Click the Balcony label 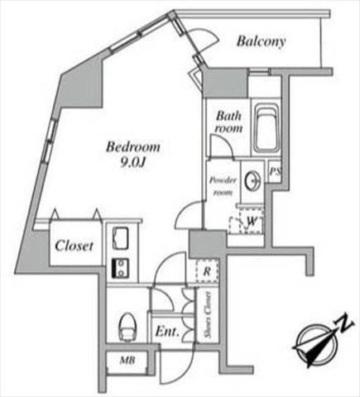[261, 41]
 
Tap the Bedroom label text [133, 146]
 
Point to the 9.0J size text [133, 163]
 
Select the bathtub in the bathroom [266, 128]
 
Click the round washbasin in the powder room [253, 180]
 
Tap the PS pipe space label [275, 172]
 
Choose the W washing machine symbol [251, 221]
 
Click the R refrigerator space [207, 271]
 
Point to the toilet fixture [127, 328]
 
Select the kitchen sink [121, 237]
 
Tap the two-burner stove [121, 267]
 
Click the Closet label [74, 246]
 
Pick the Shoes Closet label [209, 315]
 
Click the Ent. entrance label [167, 332]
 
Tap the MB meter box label [127, 360]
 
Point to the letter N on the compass [344, 324]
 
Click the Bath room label [229, 122]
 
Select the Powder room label [223, 186]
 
